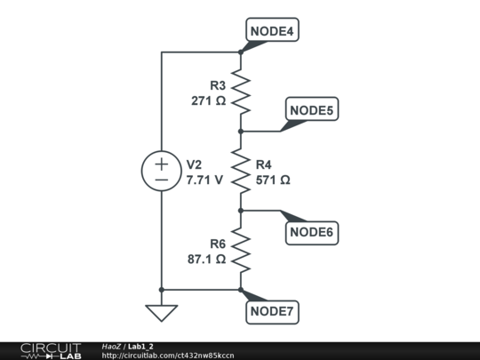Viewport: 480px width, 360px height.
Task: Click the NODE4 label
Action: [272, 31]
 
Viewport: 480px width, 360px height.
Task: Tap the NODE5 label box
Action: [311, 110]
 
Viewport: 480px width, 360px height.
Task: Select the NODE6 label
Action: [311, 233]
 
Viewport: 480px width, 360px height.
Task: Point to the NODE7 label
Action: [272, 312]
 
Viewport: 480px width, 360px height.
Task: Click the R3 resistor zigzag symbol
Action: [241, 91]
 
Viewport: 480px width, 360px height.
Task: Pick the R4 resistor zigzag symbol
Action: [241, 171]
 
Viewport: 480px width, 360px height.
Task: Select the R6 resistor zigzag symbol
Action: [241, 251]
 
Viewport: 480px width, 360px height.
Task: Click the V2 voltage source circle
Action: [161, 172]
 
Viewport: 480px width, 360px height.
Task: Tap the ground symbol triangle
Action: [161, 314]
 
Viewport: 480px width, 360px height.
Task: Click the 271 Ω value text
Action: [210, 100]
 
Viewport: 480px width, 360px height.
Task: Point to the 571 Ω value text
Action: [273, 180]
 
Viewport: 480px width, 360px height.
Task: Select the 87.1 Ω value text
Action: [206, 259]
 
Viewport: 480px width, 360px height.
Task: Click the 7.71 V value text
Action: [204, 180]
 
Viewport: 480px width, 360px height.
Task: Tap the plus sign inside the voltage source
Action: [161, 164]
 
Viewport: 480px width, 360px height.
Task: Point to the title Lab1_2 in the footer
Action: [140, 346]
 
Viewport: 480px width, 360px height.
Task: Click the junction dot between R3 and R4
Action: [241, 131]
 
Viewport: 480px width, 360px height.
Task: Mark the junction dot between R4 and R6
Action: [241, 211]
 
